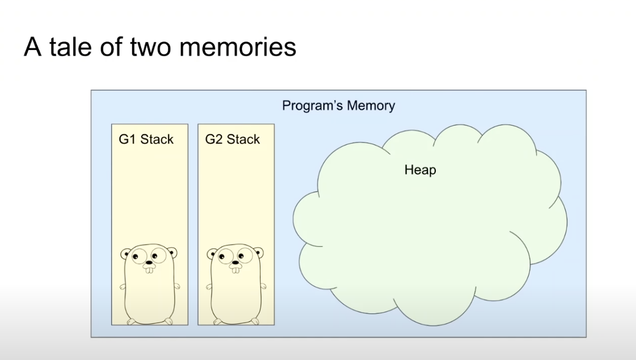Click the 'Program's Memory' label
point(338,105)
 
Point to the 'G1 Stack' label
point(146,139)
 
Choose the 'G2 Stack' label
point(233,139)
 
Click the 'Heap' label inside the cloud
point(420,170)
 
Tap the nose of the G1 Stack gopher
point(150,262)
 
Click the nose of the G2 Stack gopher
point(235,262)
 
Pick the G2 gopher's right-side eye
point(244,257)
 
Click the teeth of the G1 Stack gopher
point(150,269)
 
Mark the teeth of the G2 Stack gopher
point(235,269)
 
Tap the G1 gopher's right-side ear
point(172,253)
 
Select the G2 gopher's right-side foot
point(253,321)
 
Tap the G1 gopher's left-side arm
point(123,287)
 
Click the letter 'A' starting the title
point(32,47)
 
